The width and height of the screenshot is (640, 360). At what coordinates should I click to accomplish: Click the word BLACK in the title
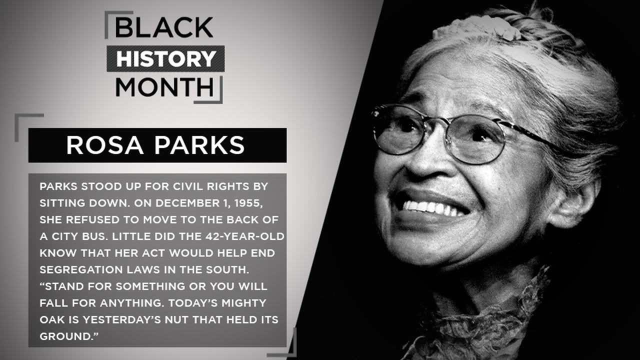164,28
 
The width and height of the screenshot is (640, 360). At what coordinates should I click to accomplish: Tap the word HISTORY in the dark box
165,58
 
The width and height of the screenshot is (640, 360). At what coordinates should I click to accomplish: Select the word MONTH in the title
164,87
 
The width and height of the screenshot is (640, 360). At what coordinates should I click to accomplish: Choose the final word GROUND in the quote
65,336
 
